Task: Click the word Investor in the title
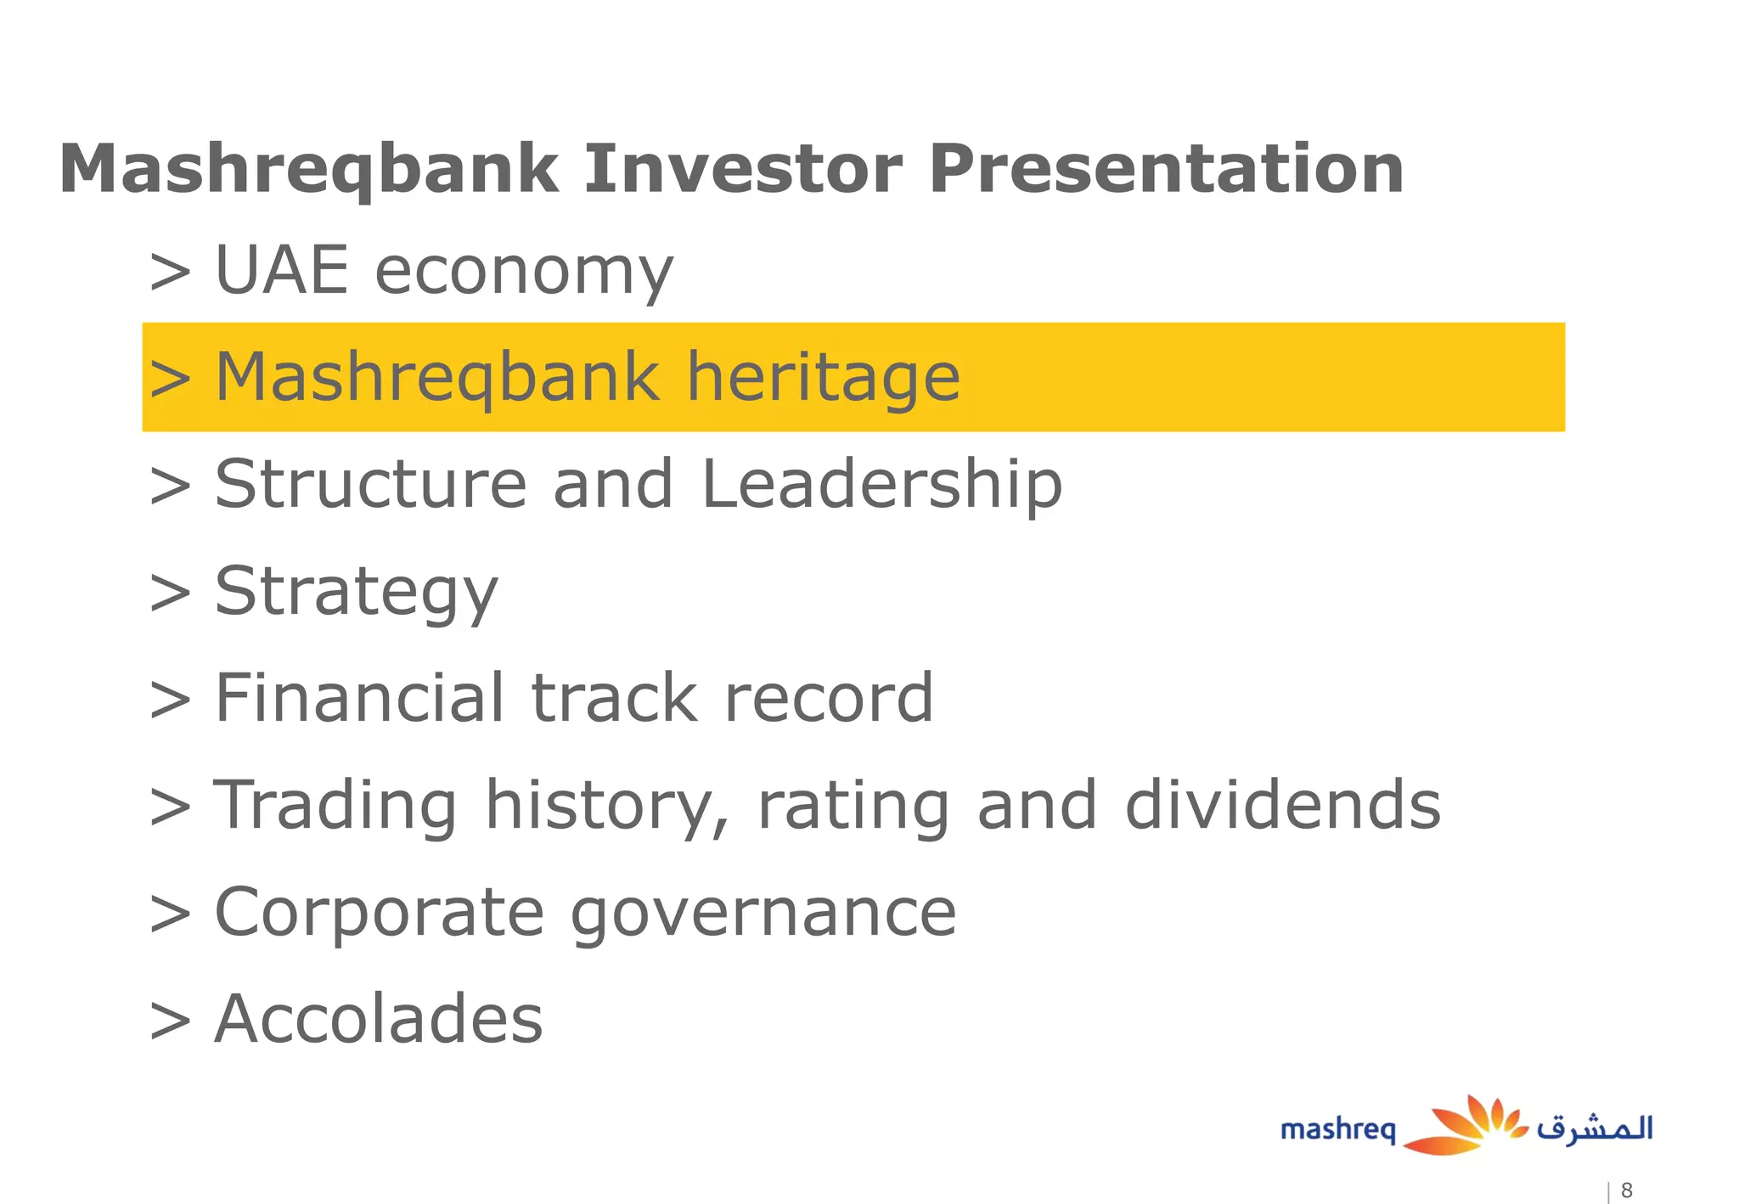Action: (743, 169)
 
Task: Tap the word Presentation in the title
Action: (1166, 169)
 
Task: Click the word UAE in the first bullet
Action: (282, 271)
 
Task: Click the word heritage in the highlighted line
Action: (823, 379)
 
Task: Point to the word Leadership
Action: (881, 485)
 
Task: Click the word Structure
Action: (371, 485)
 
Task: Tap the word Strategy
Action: (356, 594)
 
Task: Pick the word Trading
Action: (335, 806)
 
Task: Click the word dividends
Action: (1282, 806)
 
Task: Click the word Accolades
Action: (379, 1019)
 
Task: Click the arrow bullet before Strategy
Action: (170, 593)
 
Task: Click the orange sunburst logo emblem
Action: (1465, 1126)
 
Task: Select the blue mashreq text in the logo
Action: (1337, 1130)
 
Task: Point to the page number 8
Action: (1626, 1190)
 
